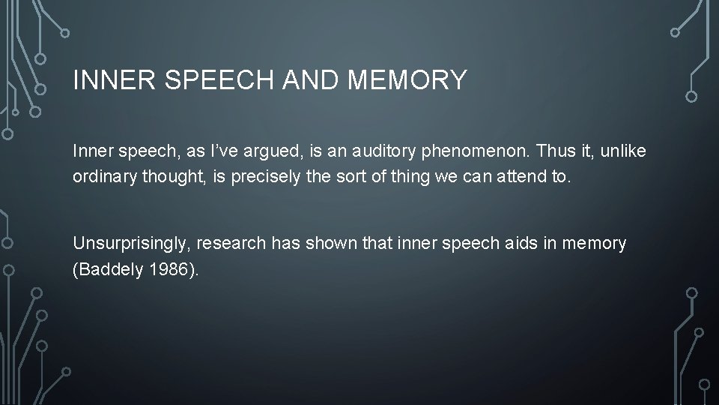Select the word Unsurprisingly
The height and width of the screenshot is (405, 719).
(128, 244)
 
